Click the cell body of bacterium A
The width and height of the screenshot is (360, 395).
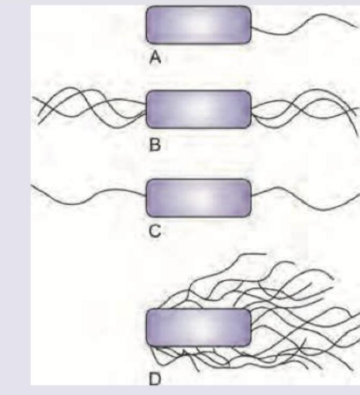[x=198, y=25]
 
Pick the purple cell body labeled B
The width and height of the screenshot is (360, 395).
[x=198, y=109]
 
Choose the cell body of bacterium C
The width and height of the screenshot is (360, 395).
[x=198, y=198]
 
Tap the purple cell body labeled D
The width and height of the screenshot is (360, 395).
[x=198, y=327]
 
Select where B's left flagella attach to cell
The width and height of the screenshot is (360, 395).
[x=146, y=109]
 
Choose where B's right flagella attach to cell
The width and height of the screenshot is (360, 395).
[x=251, y=109]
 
